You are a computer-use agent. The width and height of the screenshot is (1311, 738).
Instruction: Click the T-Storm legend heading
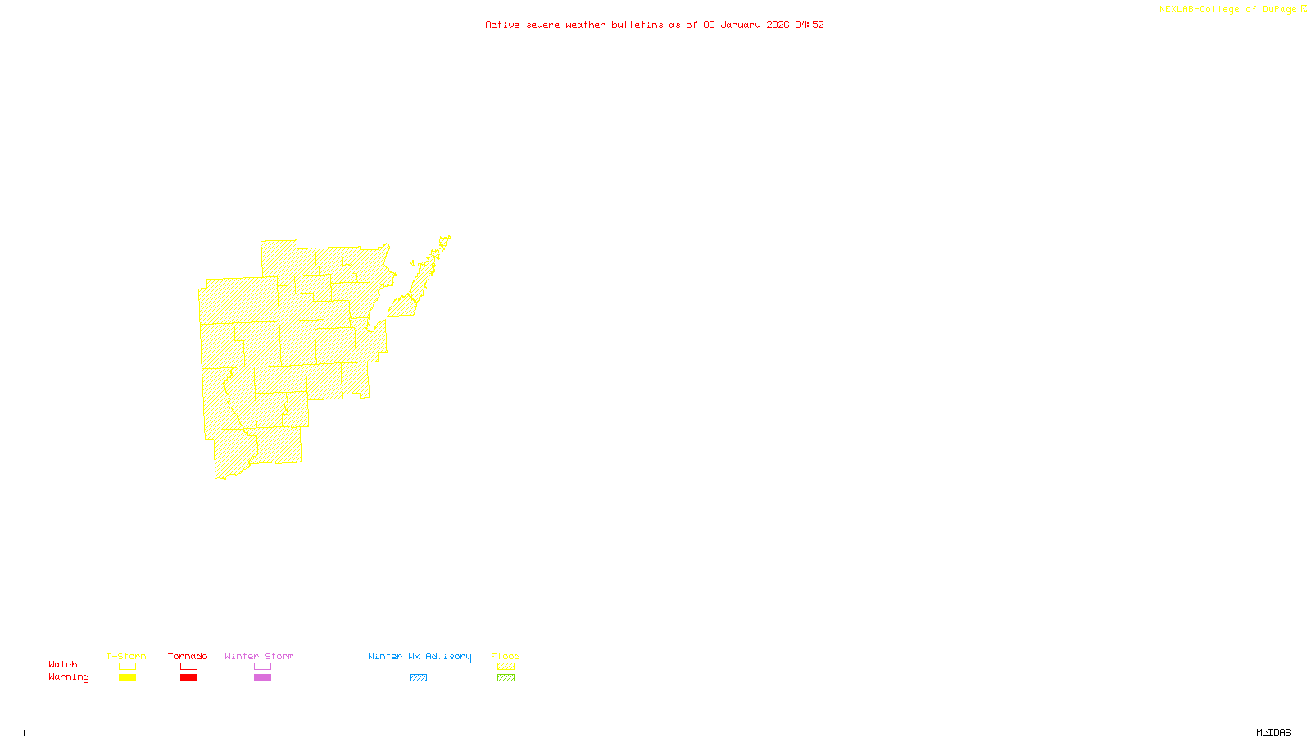[x=126, y=656]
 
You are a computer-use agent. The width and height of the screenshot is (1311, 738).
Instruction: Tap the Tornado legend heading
[x=188, y=656]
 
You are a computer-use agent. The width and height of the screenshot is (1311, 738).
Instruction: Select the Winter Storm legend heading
[x=259, y=656]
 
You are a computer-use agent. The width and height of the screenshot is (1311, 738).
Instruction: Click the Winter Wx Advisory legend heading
[x=420, y=656]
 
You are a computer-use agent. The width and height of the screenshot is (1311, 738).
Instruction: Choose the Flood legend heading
[x=506, y=656]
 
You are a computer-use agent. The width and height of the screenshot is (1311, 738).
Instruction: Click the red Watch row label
[x=63, y=664]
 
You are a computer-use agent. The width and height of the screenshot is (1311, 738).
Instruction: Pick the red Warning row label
[x=69, y=677]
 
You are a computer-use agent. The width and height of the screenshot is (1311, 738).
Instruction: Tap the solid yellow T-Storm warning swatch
[x=127, y=678]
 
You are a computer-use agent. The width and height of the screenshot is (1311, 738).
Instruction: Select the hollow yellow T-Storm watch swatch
[x=127, y=667]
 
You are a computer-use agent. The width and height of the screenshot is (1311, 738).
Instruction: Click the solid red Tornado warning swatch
[x=188, y=678]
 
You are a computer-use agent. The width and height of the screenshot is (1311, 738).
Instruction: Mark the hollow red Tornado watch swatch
[x=188, y=667]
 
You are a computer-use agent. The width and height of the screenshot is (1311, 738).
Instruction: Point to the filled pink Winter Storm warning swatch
[x=262, y=678]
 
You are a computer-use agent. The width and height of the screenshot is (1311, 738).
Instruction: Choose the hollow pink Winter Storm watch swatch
[x=262, y=667]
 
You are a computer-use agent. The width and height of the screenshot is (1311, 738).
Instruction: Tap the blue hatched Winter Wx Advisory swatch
[x=418, y=678]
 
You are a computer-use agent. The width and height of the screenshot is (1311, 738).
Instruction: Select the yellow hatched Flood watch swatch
[x=506, y=667]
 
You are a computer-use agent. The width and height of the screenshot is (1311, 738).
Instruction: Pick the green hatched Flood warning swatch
[x=506, y=678]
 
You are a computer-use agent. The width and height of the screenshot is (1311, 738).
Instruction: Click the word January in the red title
[x=741, y=25]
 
